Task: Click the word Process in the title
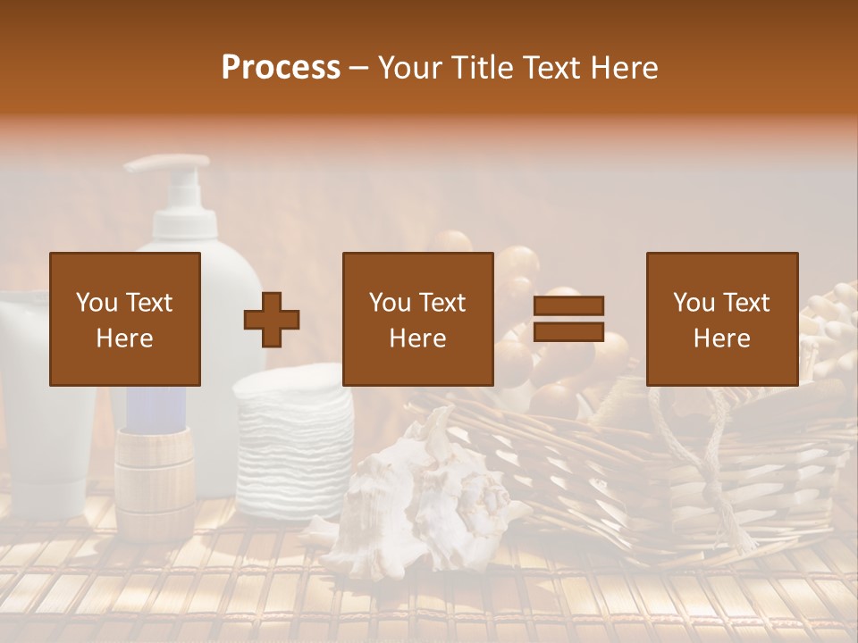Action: pyautogui.click(x=281, y=68)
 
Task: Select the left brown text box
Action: pyautogui.click(x=125, y=319)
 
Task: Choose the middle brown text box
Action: pyautogui.click(x=418, y=319)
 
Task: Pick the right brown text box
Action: pyautogui.click(x=722, y=319)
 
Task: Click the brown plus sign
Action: pyautogui.click(x=272, y=319)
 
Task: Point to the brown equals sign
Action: pyautogui.click(x=568, y=319)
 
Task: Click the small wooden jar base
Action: pyautogui.click(x=154, y=482)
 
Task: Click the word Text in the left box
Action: pyautogui.click(x=150, y=303)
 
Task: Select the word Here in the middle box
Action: pyautogui.click(x=418, y=338)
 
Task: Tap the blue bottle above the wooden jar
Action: pyautogui.click(x=156, y=406)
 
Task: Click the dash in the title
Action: pyautogui.click(x=359, y=68)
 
